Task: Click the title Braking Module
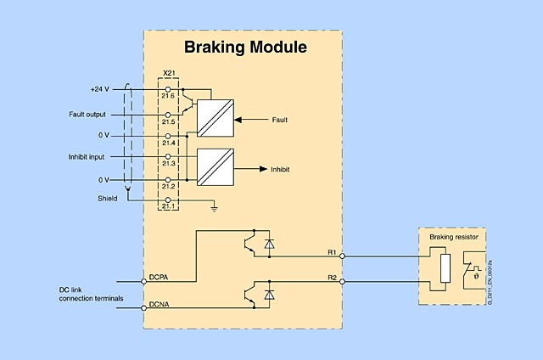pyautogui.click(x=245, y=47)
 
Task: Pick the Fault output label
pyautogui.click(x=87, y=114)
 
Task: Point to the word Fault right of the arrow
pyautogui.click(x=279, y=120)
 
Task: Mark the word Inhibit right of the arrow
pyautogui.click(x=280, y=169)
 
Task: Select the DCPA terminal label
pyautogui.click(x=159, y=276)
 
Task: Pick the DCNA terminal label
pyautogui.click(x=159, y=304)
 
